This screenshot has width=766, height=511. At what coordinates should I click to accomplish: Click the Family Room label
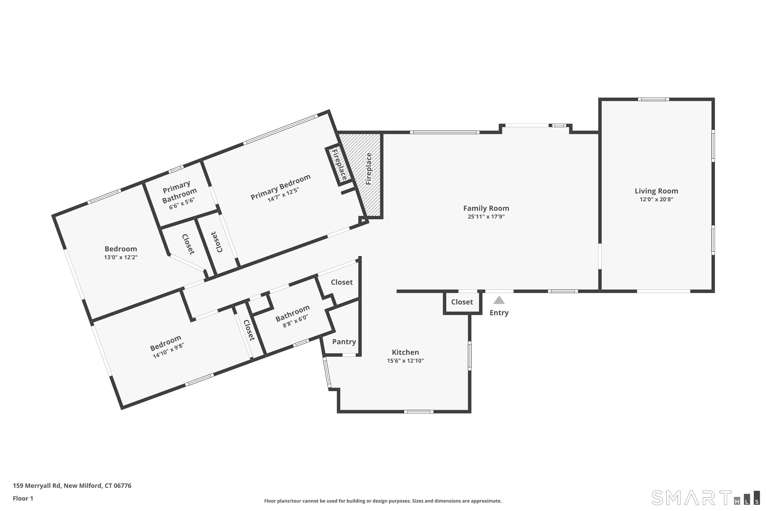(x=486, y=208)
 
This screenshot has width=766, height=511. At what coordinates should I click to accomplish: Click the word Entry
(x=499, y=313)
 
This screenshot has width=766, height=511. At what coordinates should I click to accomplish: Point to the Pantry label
(x=344, y=342)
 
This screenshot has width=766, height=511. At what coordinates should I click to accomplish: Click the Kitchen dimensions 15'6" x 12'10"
(x=405, y=361)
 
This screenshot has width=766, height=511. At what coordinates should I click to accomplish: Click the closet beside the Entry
(x=462, y=302)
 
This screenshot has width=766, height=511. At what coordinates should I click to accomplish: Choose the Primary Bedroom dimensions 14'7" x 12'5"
(x=283, y=195)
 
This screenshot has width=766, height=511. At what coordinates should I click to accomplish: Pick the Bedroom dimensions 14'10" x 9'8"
(x=168, y=351)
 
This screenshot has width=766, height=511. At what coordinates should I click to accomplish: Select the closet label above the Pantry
(x=342, y=282)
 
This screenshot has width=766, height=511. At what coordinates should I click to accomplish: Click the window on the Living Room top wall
(x=653, y=99)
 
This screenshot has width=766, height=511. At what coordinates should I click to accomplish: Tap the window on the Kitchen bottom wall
(x=418, y=412)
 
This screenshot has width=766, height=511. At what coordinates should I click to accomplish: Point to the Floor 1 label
(x=23, y=498)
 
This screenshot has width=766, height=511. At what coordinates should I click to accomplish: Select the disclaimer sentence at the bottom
(x=383, y=501)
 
